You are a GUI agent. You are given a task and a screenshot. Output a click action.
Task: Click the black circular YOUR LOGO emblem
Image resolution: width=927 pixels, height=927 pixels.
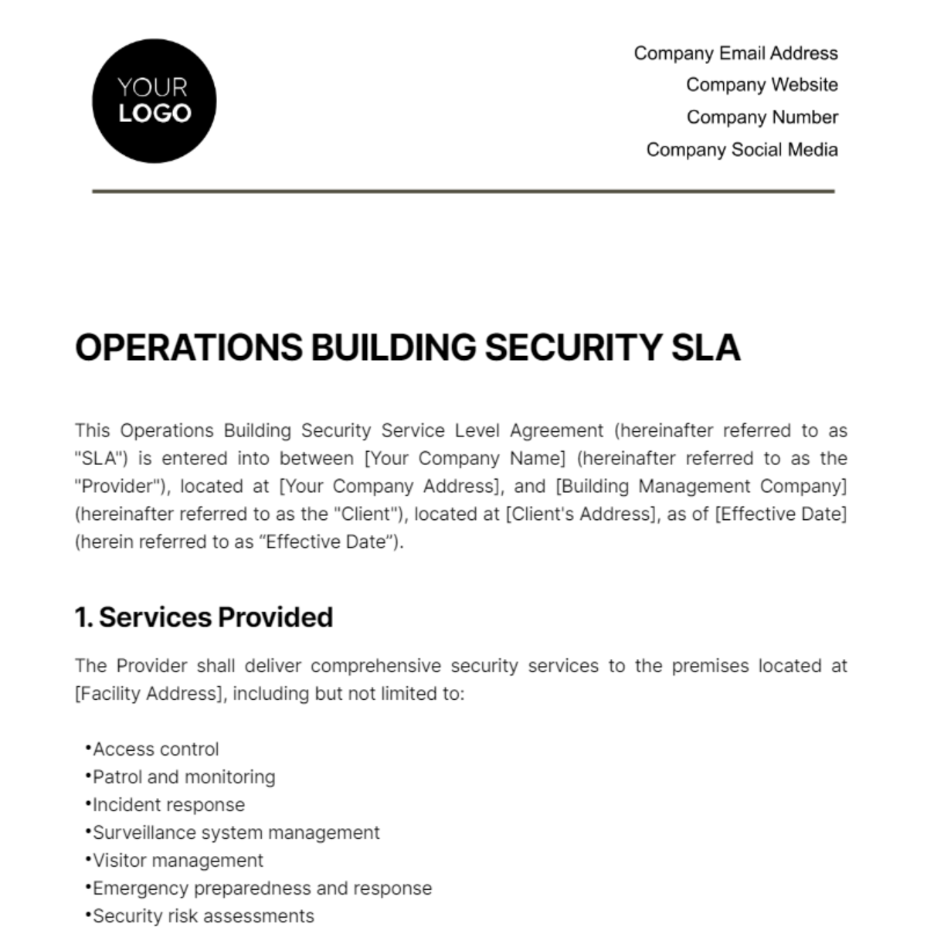coord(154,101)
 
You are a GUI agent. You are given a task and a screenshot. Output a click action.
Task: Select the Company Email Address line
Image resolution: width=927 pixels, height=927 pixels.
coord(735,53)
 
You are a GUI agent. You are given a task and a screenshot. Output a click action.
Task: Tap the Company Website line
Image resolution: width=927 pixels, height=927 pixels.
coord(762,85)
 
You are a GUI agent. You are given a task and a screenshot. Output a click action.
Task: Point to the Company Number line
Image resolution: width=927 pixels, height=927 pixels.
coord(762,117)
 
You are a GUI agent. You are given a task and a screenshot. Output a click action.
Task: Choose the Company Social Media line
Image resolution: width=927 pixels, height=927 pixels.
coord(742,150)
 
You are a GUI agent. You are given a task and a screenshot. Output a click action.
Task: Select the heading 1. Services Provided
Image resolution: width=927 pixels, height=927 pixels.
coord(204,617)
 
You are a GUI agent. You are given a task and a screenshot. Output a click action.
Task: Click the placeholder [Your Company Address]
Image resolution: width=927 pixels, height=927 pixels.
coord(389,487)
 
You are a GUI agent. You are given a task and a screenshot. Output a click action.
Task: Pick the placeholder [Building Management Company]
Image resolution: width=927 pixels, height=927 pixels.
coord(701,487)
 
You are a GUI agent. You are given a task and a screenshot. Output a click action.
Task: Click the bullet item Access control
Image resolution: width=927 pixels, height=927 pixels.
coord(155,749)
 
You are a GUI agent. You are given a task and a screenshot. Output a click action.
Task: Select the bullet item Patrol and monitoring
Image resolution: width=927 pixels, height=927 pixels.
coord(184,777)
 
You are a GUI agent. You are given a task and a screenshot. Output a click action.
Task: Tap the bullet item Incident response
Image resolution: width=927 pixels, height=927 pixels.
coord(168,805)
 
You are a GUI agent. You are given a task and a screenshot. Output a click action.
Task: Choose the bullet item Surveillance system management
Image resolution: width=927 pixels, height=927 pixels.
coord(236,833)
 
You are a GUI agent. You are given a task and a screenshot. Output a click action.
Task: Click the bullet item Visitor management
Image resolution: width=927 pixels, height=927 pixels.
coord(178,861)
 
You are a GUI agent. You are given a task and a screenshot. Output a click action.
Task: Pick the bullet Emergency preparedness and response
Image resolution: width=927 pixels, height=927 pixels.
coord(262,888)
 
